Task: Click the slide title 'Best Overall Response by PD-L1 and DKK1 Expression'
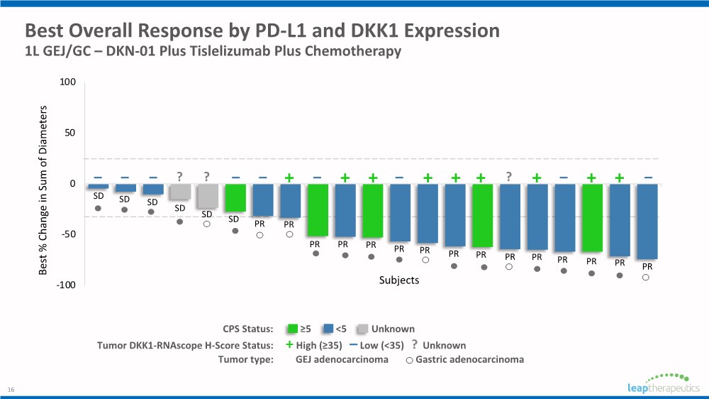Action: coord(262,31)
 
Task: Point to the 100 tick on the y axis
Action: coord(67,82)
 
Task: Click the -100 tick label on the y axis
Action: coord(66,285)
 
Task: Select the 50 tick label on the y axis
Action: coord(70,133)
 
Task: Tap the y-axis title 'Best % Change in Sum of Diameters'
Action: coord(44,190)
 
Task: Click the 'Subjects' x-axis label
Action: coord(399,280)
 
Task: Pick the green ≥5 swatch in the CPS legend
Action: coord(291,329)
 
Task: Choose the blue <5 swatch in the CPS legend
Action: coord(327,329)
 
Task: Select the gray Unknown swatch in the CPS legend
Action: coord(362,329)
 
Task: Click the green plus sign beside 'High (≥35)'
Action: coord(289,345)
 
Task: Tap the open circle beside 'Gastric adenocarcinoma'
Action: coord(409,360)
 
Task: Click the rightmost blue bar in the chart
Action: coord(647,222)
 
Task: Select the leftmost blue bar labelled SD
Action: coord(98,186)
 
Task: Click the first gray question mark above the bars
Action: coord(180,177)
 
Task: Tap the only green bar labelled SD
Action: coord(235,198)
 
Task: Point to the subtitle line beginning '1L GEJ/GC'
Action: coord(213,52)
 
